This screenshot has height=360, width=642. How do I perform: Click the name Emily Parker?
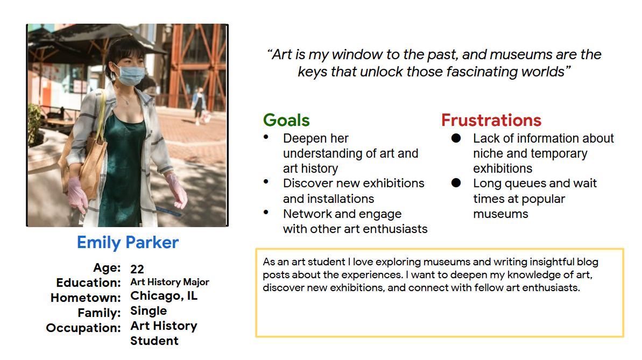point(128,243)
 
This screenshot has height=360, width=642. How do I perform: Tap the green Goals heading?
point(286,121)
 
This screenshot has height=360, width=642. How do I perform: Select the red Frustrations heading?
point(491,121)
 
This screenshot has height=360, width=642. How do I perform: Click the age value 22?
point(137,269)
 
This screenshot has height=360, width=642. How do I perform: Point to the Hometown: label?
point(86,298)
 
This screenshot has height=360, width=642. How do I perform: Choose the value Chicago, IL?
point(164,296)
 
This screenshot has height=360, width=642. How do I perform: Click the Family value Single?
point(149,311)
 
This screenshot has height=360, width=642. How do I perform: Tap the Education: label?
point(88,283)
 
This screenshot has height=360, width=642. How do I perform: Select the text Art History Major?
point(170,282)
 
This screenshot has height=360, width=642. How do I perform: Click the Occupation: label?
point(83,328)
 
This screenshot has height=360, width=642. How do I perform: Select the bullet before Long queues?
point(456,183)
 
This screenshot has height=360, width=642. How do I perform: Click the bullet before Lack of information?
point(456,138)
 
